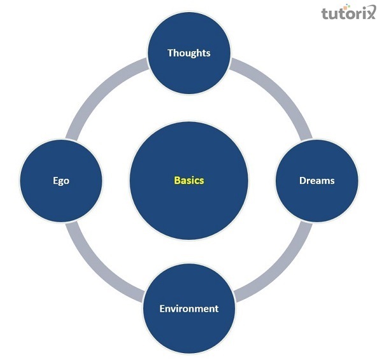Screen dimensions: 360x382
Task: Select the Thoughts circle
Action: (189, 53)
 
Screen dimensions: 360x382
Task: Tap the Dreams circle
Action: (316, 181)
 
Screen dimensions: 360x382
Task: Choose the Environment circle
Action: (189, 308)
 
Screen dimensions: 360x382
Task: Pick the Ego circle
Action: (61, 181)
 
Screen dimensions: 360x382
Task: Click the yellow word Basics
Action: (189, 181)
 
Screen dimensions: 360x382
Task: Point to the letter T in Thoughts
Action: (170, 53)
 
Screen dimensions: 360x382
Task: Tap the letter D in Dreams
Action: (302, 181)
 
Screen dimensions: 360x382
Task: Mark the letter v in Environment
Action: (175, 309)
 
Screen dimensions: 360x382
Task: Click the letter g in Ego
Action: (61, 182)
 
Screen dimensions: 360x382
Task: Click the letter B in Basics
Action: (177, 181)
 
